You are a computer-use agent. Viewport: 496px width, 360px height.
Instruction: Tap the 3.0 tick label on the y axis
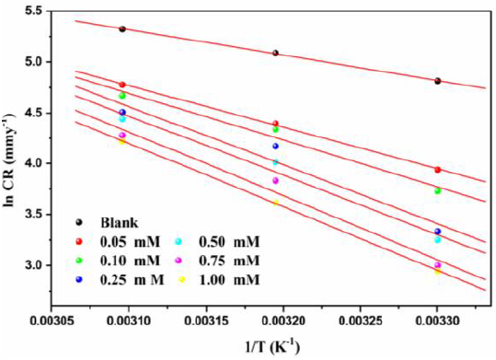[x=40, y=265]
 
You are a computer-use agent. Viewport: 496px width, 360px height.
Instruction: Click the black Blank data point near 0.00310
[x=122, y=29]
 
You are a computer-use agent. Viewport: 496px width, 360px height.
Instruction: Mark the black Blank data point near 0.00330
[x=438, y=81]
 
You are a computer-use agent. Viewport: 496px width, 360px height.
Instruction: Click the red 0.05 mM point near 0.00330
[x=438, y=169]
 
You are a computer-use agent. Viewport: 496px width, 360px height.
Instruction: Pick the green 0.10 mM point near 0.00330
[x=438, y=191]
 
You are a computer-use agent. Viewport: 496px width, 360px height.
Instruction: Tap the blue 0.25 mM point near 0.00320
[x=275, y=145]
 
